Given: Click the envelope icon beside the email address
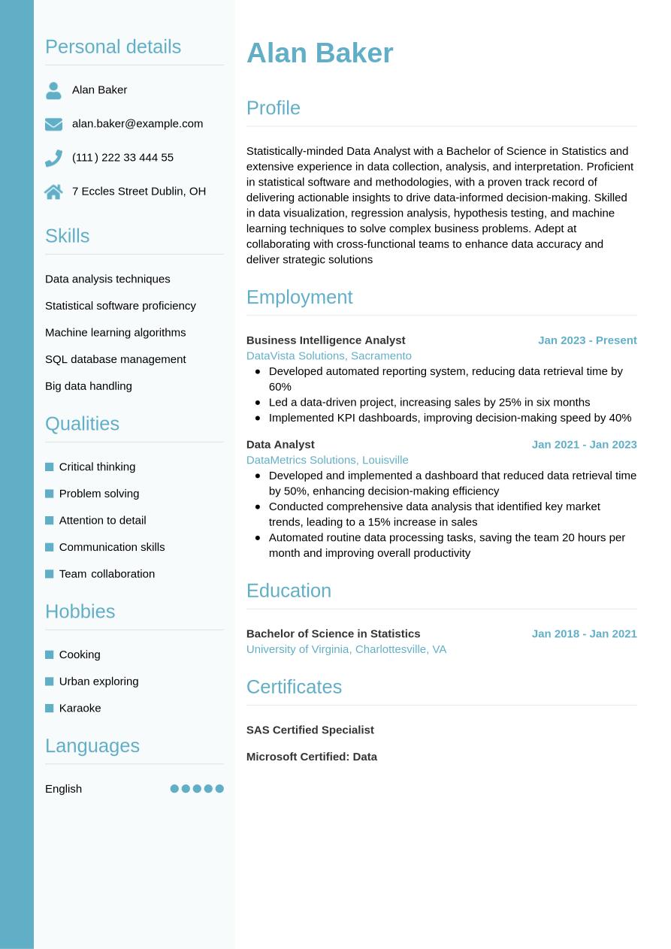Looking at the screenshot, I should [53, 124].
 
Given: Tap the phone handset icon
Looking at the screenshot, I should [53, 158].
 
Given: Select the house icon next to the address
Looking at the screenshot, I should [53, 192].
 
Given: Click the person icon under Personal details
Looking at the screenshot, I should [53, 90].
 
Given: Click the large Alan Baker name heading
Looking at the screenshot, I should [319, 53].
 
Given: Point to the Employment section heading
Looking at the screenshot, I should [299, 297].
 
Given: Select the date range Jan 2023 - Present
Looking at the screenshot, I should [587, 340].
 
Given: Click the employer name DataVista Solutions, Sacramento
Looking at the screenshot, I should [328, 355].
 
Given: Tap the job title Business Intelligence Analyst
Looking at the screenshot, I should [325, 340].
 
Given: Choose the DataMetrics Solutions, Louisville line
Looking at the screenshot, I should [327, 460].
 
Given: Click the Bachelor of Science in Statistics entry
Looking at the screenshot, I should [333, 633].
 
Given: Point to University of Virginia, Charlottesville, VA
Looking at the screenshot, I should [346, 649].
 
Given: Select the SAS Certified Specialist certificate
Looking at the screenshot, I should [310, 730].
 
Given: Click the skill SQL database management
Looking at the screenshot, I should [115, 359].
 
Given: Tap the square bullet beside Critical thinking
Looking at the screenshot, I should [50, 467].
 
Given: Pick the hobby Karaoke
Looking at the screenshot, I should [80, 708].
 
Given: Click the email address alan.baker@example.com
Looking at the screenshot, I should [138, 123].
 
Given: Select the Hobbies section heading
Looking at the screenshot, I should [80, 611].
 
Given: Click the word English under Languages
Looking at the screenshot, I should [63, 788].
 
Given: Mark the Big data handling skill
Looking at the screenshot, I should [88, 386].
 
